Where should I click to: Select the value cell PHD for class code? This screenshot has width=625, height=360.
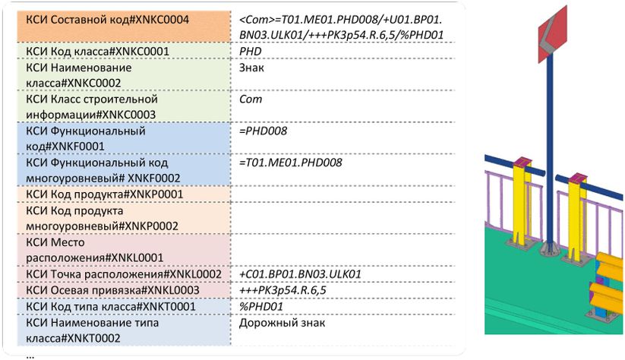point(250,51)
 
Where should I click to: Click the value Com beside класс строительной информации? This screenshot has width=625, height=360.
point(250,99)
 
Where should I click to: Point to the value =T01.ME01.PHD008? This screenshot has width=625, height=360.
point(289,162)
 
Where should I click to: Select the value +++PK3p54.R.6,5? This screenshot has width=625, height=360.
point(283,290)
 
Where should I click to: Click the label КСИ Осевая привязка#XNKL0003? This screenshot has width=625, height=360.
point(112,290)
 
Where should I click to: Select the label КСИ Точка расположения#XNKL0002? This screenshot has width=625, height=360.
point(123,273)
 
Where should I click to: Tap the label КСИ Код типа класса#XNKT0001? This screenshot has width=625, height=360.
point(110,307)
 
